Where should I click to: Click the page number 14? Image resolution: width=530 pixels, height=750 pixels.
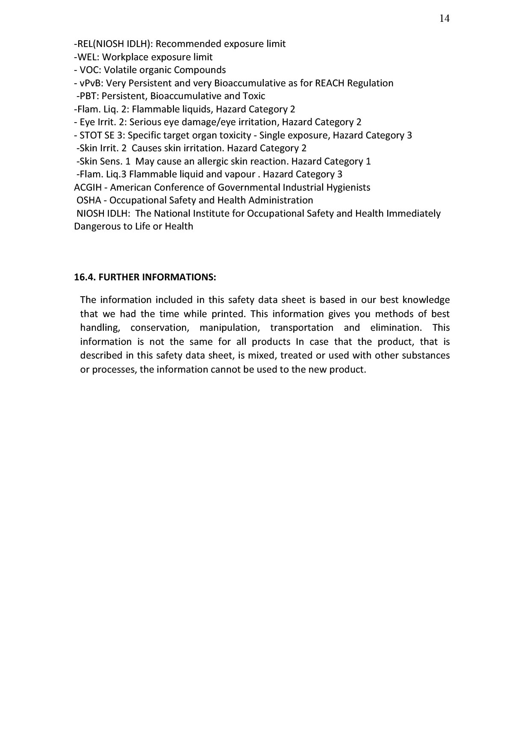coord(444,18)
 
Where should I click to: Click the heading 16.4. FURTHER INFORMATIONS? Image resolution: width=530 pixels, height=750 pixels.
coord(145,277)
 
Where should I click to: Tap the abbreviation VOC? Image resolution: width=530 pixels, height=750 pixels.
coord(90,70)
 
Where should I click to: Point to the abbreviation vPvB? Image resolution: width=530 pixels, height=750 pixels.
coord(91,83)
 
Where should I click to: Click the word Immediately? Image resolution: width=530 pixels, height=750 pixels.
coord(413,213)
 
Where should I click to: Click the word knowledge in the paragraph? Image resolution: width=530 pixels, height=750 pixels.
coord(426,300)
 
